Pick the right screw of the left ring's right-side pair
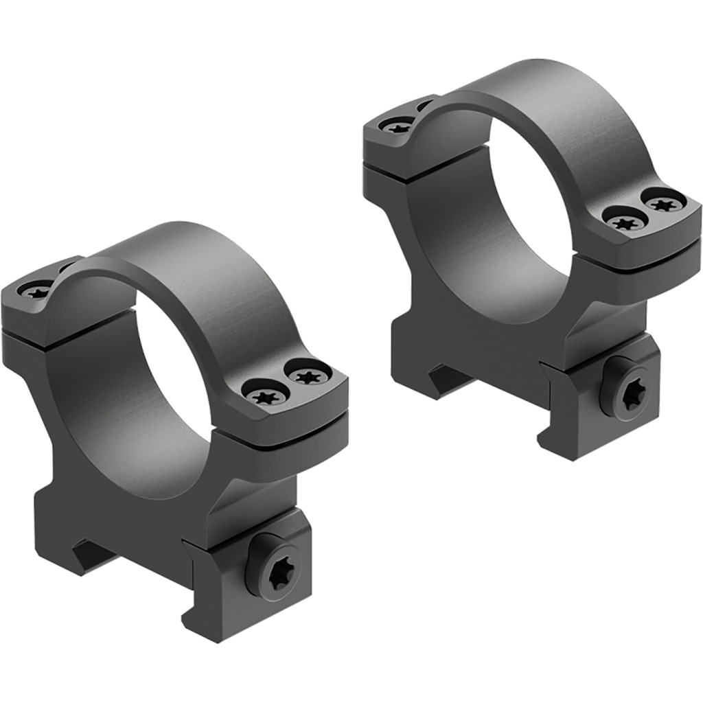[307, 374]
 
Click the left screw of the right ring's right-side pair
[623, 221]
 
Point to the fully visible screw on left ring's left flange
[36, 291]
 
